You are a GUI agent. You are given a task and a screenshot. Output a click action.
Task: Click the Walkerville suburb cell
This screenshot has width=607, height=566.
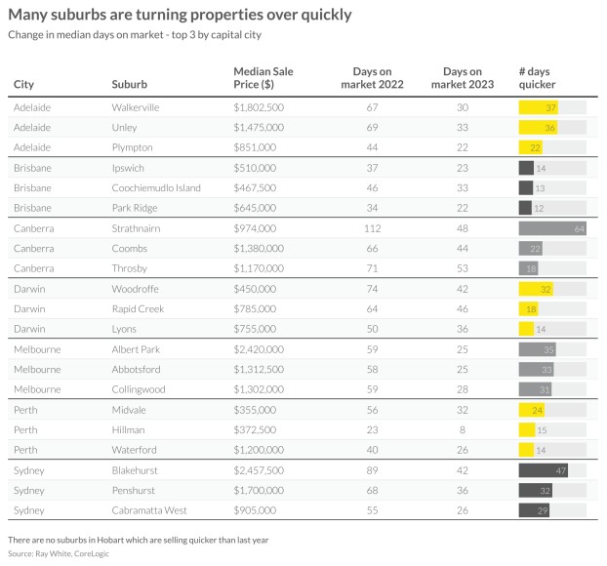pyautogui.click(x=136, y=107)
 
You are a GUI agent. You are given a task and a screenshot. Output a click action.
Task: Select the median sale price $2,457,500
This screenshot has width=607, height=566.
pyautogui.click(x=259, y=469)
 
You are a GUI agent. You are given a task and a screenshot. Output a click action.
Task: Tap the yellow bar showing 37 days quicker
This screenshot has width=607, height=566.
pyautogui.click(x=539, y=107)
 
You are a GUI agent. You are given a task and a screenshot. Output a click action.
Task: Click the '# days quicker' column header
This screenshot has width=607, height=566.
pyautogui.click(x=537, y=78)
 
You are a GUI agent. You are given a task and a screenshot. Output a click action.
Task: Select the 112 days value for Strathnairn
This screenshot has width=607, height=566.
pyautogui.click(x=371, y=228)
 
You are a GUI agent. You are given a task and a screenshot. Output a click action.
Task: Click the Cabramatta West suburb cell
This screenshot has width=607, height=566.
pyautogui.click(x=151, y=510)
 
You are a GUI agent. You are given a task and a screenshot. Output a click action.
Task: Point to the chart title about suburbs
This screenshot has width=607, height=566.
pyautogui.click(x=181, y=16)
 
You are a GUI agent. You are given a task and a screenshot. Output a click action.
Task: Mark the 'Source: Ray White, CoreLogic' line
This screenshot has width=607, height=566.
pyautogui.click(x=59, y=554)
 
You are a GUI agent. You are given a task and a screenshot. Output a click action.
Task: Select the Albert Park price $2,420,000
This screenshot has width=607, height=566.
pyautogui.click(x=259, y=349)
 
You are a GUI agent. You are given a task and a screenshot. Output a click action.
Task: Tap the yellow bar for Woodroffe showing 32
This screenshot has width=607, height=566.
pyautogui.click(x=537, y=289)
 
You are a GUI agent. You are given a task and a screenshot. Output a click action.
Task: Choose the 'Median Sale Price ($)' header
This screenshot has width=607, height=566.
pyautogui.click(x=263, y=78)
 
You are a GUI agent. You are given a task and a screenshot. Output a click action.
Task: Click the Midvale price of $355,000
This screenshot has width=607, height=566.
pyautogui.click(x=255, y=410)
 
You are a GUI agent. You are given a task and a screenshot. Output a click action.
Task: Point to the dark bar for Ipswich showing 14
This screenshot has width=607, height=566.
pyautogui.click(x=527, y=168)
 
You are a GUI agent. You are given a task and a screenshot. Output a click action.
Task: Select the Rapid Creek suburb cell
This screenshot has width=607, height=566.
pyautogui.click(x=138, y=308)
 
